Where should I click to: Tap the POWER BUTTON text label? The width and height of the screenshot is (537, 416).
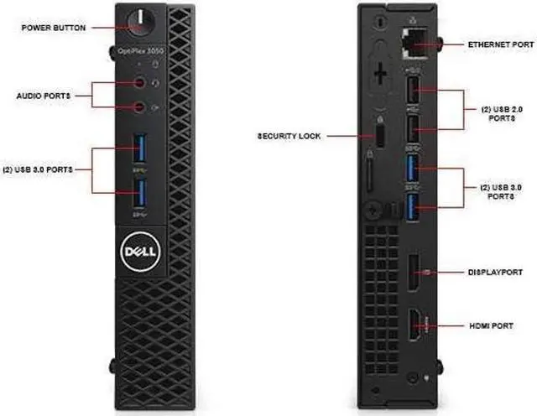[54, 27]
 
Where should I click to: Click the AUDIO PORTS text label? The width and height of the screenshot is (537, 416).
[44, 96]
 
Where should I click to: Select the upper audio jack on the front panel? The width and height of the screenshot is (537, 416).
[142, 82]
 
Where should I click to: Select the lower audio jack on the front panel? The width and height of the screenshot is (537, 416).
[142, 107]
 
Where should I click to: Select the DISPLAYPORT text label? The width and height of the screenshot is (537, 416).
[495, 272]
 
